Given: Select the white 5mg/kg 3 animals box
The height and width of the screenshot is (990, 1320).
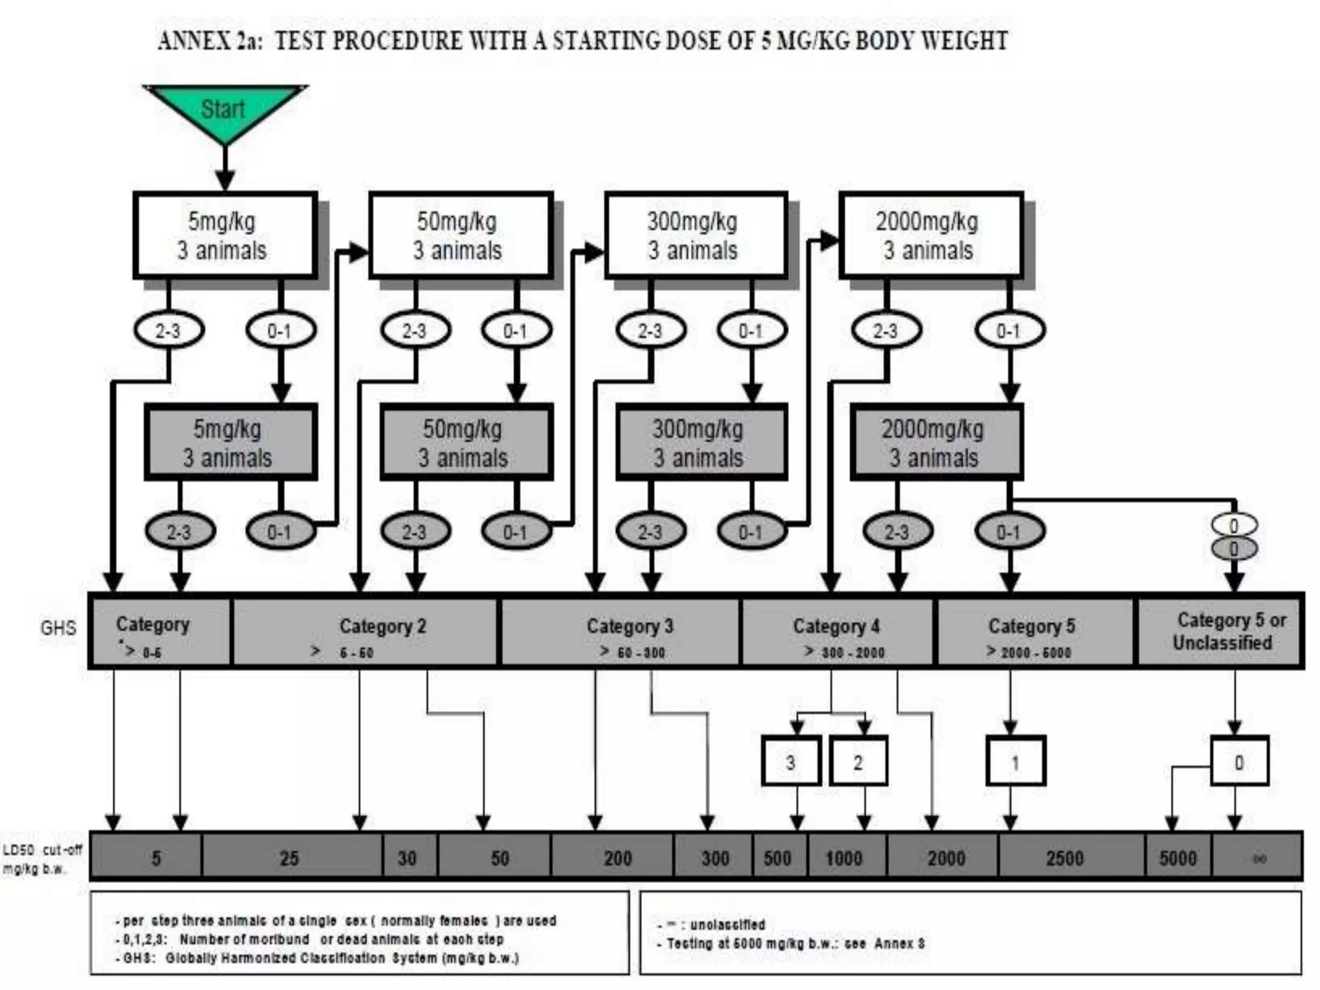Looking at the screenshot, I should [224, 236].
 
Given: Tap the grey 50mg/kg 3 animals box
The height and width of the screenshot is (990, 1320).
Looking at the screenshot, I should [466, 443].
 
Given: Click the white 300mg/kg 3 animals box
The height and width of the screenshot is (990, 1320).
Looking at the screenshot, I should [695, 236].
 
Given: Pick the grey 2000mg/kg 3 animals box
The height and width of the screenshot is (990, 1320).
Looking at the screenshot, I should [936, 443].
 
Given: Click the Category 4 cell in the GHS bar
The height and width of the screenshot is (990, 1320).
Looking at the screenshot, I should [837, 632].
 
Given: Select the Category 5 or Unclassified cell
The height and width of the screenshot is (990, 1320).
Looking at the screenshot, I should [1221, 632].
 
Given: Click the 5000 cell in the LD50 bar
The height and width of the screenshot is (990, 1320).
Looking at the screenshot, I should [1178, 857].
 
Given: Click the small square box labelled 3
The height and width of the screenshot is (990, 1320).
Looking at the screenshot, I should [791, 762].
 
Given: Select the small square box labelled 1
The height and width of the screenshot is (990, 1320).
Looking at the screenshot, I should [1015, 762].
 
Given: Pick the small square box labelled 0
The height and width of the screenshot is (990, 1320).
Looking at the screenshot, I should [1239, 762].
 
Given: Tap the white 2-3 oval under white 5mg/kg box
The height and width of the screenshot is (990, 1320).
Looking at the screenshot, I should [169, 331].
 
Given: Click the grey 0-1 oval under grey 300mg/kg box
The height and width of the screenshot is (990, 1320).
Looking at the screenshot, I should [751, 532].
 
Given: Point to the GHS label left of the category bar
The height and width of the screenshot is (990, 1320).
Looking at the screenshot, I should [58, 628].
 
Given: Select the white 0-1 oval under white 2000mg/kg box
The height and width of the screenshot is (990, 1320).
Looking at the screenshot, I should [1009, 331].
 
